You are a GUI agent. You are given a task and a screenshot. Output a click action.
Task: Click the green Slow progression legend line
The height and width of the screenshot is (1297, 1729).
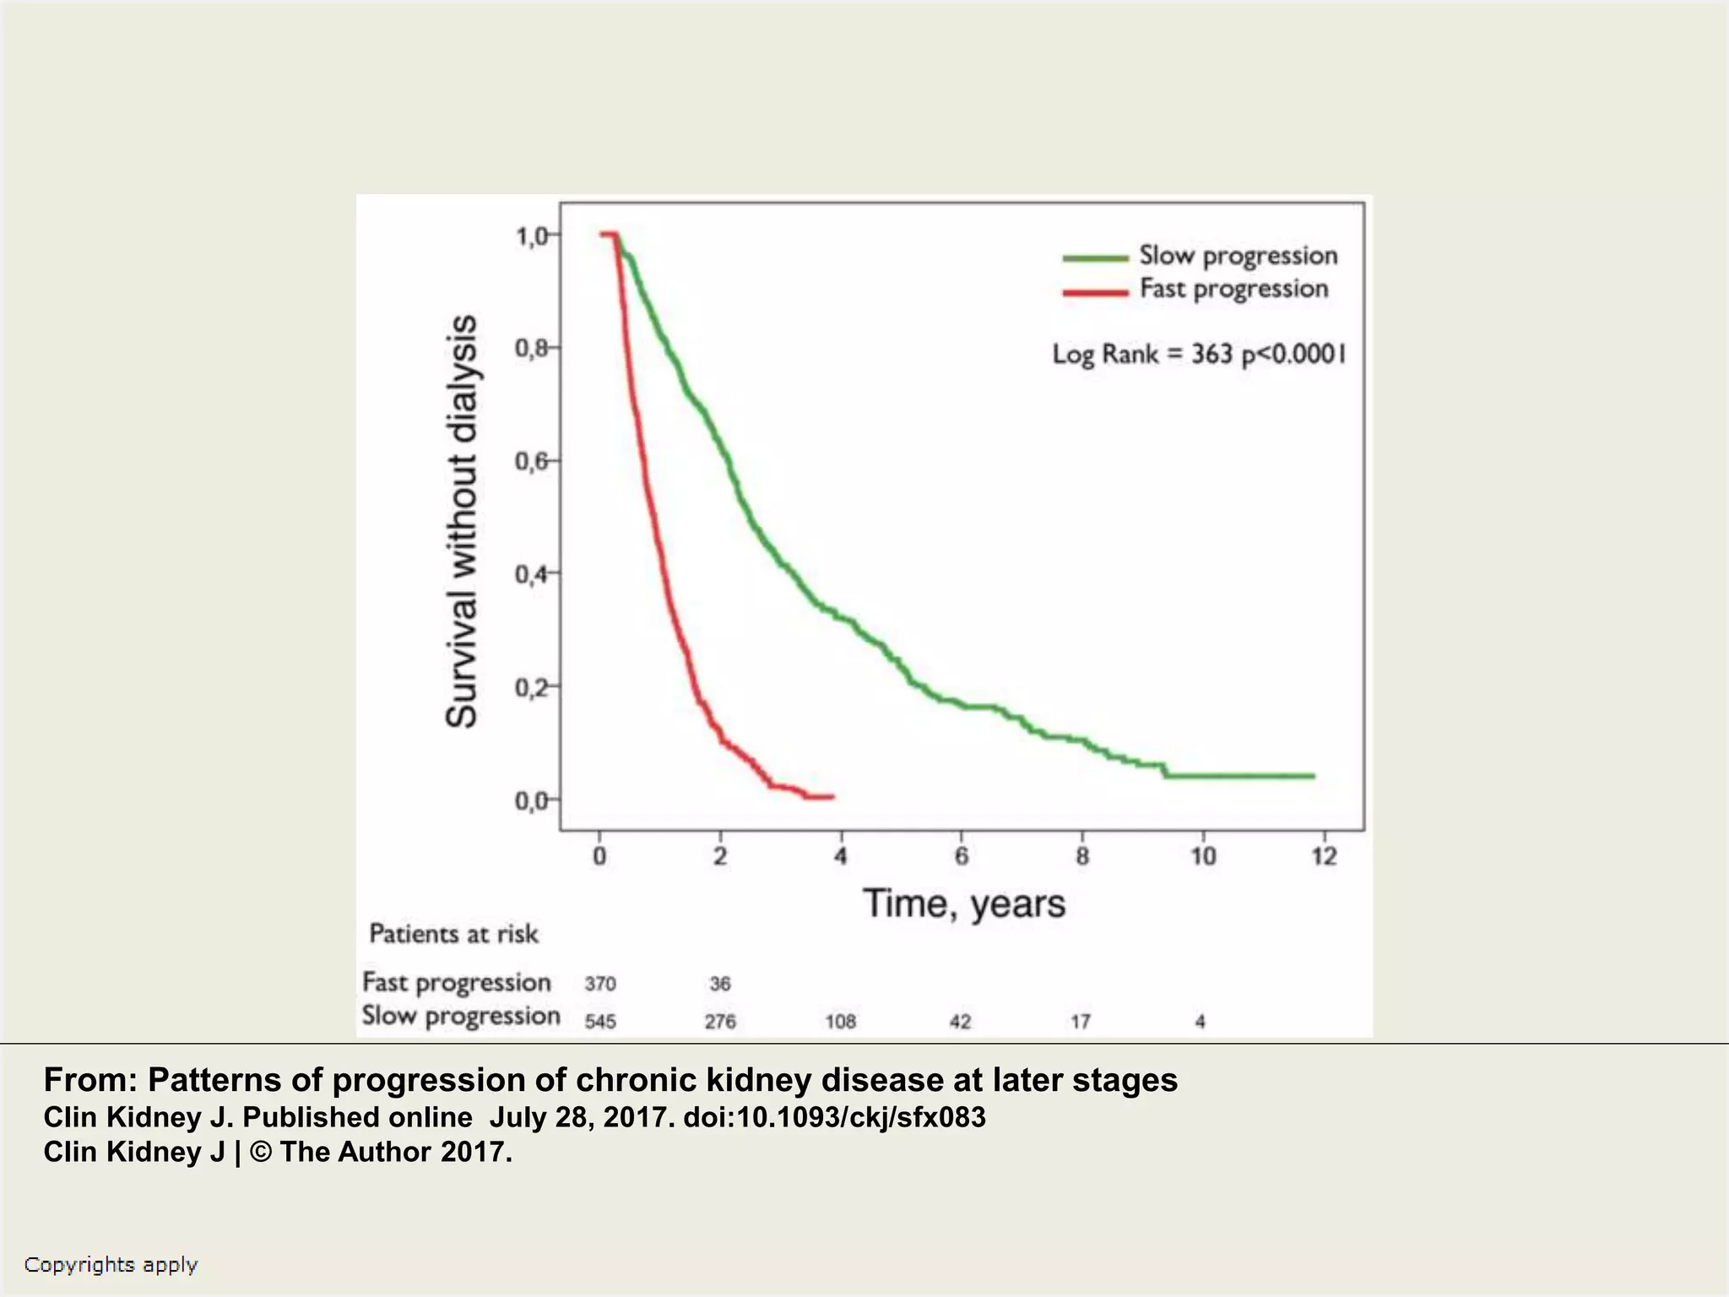1095,258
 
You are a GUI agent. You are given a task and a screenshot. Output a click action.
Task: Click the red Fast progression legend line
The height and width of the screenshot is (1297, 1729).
1095,292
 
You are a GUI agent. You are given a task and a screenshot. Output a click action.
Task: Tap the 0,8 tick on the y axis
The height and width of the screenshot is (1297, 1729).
536,348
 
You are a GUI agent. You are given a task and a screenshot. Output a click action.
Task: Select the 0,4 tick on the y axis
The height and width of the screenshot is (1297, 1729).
536,574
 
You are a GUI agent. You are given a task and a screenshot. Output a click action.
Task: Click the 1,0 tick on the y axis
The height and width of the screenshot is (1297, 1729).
536,236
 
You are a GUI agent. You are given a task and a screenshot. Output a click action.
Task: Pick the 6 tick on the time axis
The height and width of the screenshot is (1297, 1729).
962,856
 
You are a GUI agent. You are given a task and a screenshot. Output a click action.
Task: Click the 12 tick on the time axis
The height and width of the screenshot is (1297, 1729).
1324,856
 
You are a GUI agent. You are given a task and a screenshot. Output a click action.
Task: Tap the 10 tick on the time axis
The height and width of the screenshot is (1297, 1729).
1203,856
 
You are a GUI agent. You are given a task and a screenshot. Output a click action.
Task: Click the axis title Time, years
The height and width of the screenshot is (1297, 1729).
963,904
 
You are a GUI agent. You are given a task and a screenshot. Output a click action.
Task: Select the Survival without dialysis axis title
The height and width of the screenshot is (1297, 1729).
462,521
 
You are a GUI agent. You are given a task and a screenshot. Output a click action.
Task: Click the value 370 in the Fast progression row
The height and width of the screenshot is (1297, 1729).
600,984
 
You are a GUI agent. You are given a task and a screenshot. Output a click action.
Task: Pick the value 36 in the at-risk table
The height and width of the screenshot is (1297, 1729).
720,984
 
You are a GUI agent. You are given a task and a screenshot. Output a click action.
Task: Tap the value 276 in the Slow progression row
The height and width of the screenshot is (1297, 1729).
720,1022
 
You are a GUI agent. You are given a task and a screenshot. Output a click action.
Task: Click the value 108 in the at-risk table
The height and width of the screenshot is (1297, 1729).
841,1022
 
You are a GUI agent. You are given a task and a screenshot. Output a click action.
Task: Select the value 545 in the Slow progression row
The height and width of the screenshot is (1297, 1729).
600,1022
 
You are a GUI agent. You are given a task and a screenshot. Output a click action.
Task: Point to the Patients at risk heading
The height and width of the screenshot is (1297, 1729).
453,934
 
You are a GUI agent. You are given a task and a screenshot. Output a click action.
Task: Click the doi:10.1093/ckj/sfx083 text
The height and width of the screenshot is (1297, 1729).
834,1117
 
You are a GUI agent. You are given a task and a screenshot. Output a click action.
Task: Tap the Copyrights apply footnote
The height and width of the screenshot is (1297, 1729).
111,1264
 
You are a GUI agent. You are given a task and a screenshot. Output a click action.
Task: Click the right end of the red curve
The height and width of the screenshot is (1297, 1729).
832,796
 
